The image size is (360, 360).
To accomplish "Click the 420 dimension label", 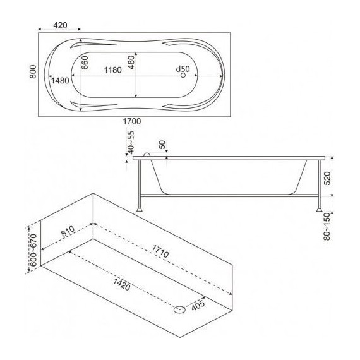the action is click(60, 25).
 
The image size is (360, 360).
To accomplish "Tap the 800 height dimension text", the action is click(33, 71).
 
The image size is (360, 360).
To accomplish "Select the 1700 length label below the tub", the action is click(132, 121).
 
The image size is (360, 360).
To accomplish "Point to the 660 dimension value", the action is click(85, 63).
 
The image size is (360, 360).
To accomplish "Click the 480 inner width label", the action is click(131, 62).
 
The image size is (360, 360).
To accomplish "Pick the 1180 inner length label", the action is click(113, 70).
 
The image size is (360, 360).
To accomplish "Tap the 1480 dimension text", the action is click(60, 81).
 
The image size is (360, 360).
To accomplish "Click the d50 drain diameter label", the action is click(183, 69).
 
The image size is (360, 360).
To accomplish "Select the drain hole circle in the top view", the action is click(183, 75).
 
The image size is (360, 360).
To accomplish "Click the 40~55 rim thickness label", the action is click(131, 143).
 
